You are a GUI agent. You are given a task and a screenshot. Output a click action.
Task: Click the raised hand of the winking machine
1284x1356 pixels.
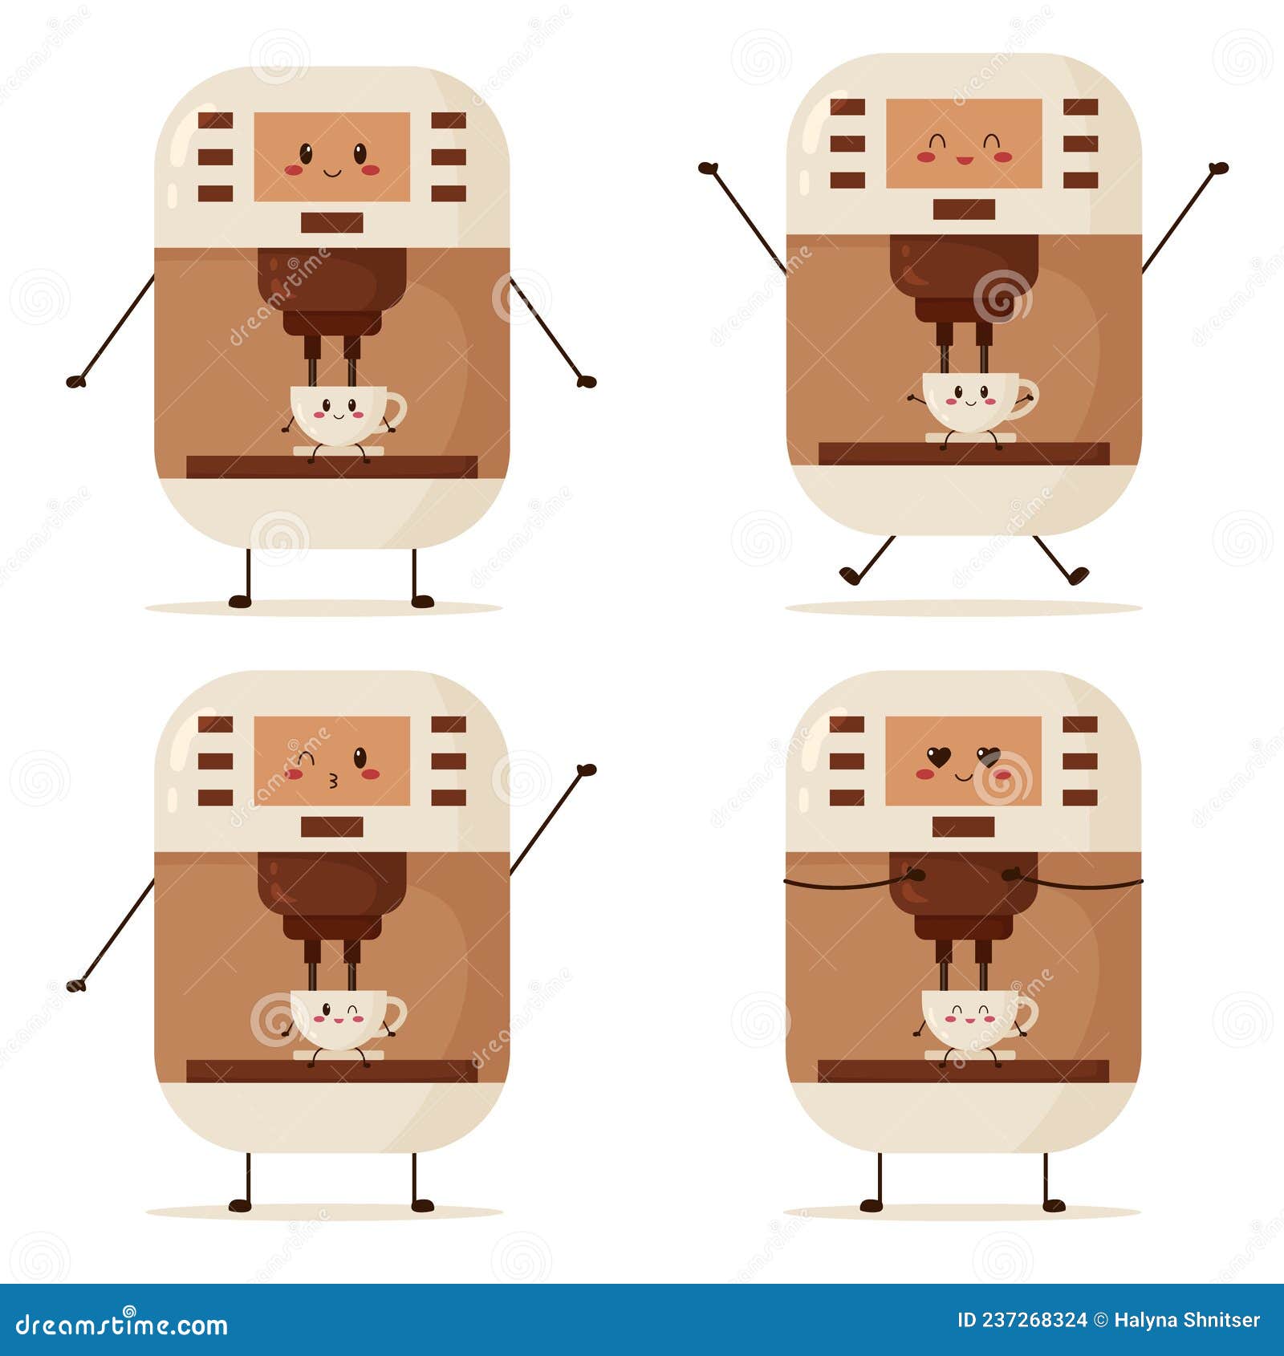tap(587, 770)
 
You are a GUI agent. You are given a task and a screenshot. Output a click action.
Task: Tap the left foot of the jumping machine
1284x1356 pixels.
tap(849, 574)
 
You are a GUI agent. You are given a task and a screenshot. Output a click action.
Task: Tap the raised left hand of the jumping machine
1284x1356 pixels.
tap(708, 168)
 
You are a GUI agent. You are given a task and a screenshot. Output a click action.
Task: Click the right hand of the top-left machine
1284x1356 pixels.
tap(587, 382)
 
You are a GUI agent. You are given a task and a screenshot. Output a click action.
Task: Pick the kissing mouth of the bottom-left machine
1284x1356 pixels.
tap(333, 778)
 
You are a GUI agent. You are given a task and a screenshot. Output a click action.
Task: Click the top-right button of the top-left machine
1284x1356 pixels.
tap(448, 120)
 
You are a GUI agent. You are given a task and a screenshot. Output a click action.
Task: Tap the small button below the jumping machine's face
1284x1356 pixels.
tap(964, 209)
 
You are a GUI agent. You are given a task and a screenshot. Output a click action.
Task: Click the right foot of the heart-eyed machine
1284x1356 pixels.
tap(1054, 1205)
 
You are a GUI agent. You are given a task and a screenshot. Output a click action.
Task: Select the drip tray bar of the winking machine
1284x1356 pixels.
tap(331, 1070)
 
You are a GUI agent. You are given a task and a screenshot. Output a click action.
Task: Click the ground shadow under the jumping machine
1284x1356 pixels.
tap(963, 608)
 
